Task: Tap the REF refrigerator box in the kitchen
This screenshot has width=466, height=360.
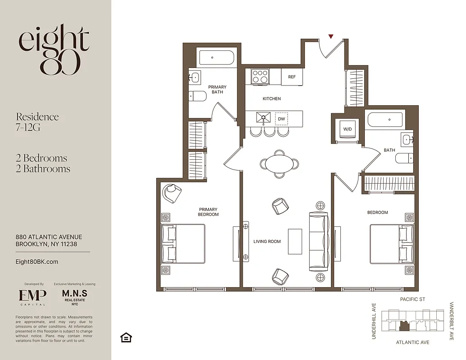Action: (292, 77)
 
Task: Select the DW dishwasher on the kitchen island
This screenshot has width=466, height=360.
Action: (281, 119)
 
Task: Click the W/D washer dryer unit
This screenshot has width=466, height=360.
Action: (348, 130)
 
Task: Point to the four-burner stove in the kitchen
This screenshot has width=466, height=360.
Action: (260, 76)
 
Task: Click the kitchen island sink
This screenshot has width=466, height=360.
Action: (263, 118)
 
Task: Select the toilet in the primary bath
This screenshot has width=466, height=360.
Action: (197, 95)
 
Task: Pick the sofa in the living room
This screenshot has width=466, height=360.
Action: (319, 242)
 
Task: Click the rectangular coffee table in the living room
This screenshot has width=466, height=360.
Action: (295, 242)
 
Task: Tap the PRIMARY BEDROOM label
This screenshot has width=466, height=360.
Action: (208, 212)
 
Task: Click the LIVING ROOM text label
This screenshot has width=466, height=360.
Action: (267, 242)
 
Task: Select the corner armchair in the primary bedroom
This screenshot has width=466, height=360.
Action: (172, 193)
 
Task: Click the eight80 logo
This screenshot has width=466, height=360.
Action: (54, 49)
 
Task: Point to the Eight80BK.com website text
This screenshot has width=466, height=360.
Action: (37, 261)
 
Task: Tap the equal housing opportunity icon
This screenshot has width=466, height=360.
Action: (126, 337)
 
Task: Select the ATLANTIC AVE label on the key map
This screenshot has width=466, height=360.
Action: (412, 342)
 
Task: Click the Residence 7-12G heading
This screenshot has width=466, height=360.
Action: (37, 122)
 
